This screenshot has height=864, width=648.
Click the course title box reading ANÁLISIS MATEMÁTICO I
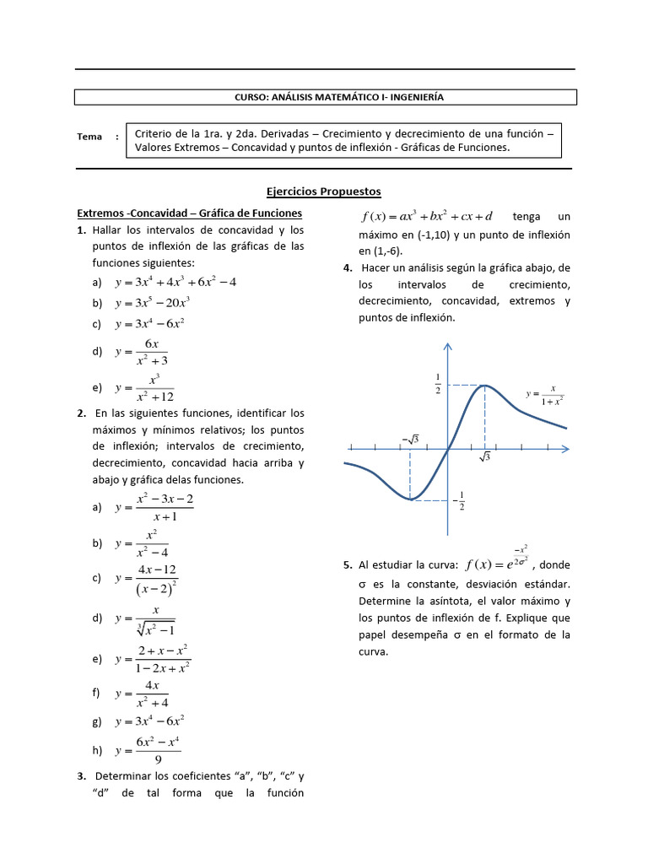point(326,97)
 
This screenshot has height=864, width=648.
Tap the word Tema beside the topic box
point(89,137)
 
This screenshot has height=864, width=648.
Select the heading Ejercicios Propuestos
point(325,192)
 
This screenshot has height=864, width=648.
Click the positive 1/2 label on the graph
point(438,383)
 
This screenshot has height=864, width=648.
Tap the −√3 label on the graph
point(410,439)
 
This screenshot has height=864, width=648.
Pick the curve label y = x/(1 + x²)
point(544,394)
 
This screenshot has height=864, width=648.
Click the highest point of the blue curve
point(485,386)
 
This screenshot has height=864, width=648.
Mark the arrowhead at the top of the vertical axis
point(447,345)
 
